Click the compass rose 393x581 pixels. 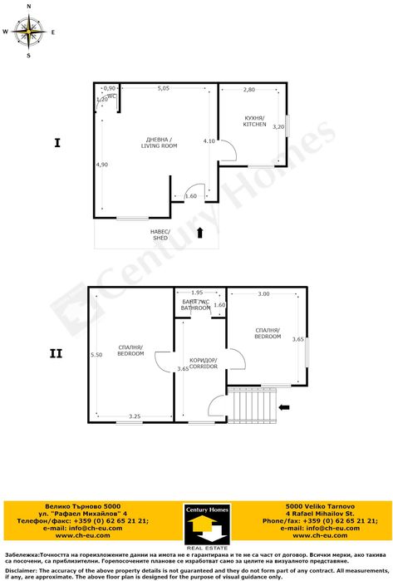tap(29, 32)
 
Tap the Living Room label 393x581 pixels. tap(159, 142)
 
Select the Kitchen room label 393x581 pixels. tap(254, 121)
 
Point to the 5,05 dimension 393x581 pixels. tap(164, 88)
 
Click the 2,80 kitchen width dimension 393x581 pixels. tap(249, 89)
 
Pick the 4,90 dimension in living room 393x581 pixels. tap(102, 165)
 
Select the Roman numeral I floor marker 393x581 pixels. tap(56, 143)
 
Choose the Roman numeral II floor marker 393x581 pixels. tap(56, 353)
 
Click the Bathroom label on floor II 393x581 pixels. tap(196, 305)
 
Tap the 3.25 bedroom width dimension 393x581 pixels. tap(135, 416)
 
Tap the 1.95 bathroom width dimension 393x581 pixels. tap(197, 293)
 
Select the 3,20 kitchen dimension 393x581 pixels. tap(279, 127)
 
